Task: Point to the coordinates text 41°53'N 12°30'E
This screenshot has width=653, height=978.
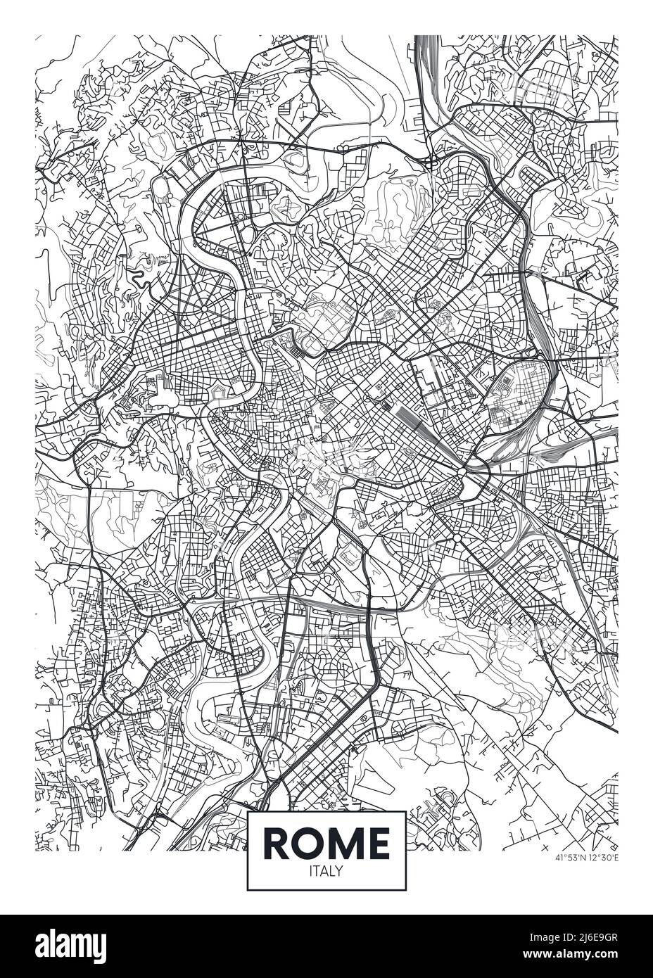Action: click(x=585, y=858)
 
